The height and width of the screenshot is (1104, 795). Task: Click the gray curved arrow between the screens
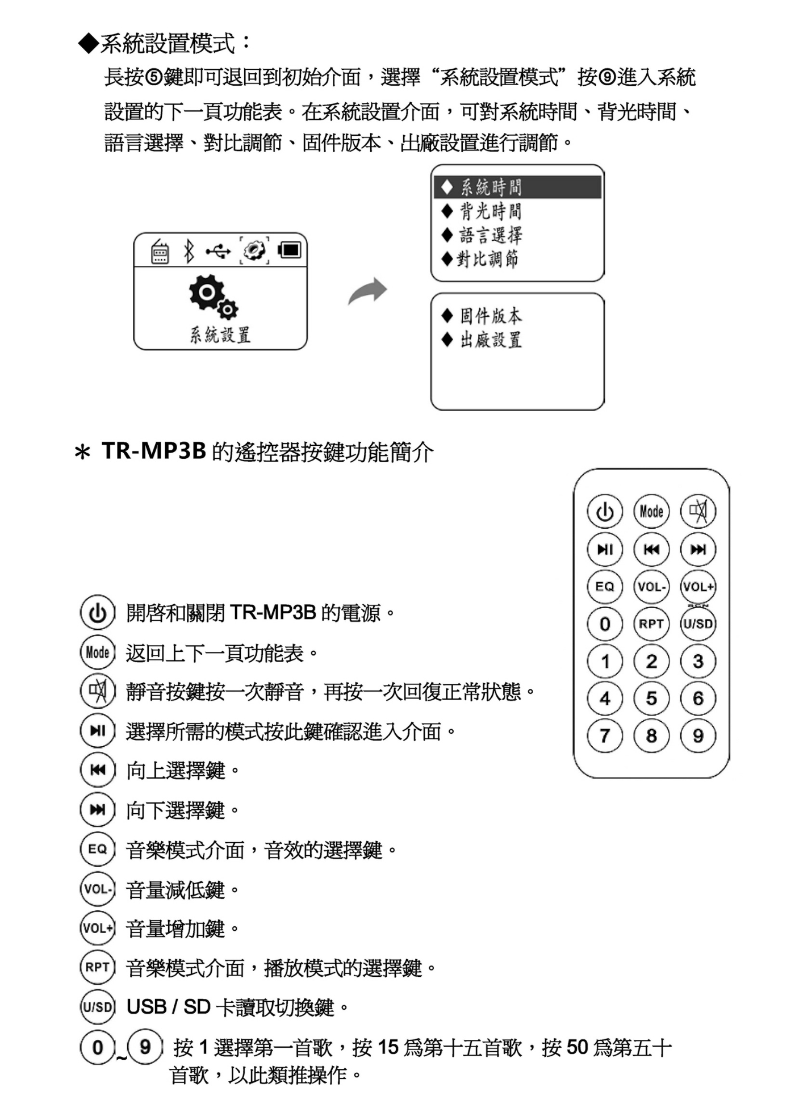click(368, 291)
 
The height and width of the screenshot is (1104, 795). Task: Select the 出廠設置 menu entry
click(490, 340)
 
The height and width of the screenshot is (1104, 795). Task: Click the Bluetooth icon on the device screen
click(189, 251)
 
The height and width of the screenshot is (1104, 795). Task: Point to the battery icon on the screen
click(290, 250)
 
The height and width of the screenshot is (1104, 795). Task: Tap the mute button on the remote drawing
click(698, 511)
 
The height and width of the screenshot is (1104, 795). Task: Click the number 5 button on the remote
click(651, 699)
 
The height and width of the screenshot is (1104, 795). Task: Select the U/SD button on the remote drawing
click(698, 624)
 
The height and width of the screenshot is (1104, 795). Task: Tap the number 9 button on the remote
click(698, 736)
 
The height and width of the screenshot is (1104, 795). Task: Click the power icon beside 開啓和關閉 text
click(98, 613)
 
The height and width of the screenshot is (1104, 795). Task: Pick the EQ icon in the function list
click(98, 850)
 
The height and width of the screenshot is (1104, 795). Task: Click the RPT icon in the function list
click(98, 967)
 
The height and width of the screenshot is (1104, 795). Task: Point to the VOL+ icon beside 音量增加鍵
click(98, 928)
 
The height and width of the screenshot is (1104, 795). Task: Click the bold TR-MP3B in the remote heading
click(153, 451)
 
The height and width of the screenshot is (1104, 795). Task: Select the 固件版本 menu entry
click(490, 316)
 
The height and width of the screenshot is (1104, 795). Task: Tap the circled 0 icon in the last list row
click(98, 1047)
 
